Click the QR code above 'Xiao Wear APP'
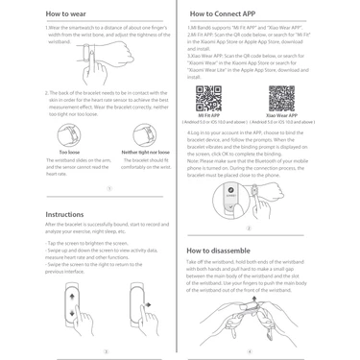(x=281, y=98)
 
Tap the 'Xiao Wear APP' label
(x=281, y=116)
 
